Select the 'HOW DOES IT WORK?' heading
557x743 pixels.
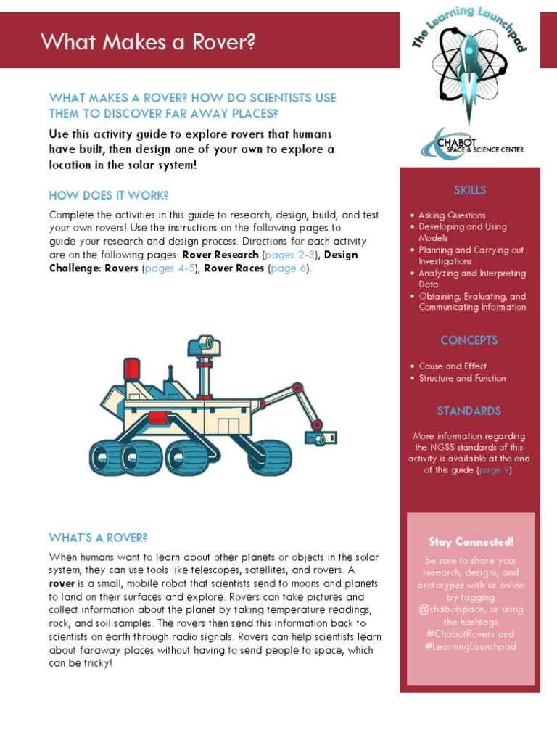point(109,195)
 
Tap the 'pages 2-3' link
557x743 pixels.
point(290,255)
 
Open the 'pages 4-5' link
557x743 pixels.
point(170,268)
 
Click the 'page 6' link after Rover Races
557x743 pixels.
point(289,268)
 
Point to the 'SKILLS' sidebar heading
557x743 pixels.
point(470,190)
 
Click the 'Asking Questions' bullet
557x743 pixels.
point(452,215)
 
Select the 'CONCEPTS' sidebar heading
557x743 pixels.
point(469,340)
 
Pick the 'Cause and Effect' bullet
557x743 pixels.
point(453,366)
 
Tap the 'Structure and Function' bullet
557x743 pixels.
point(462,378)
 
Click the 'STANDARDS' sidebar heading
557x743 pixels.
point(469,411)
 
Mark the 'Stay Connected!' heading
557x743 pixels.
point(471,542)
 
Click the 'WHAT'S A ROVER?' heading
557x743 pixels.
point(98,538)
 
